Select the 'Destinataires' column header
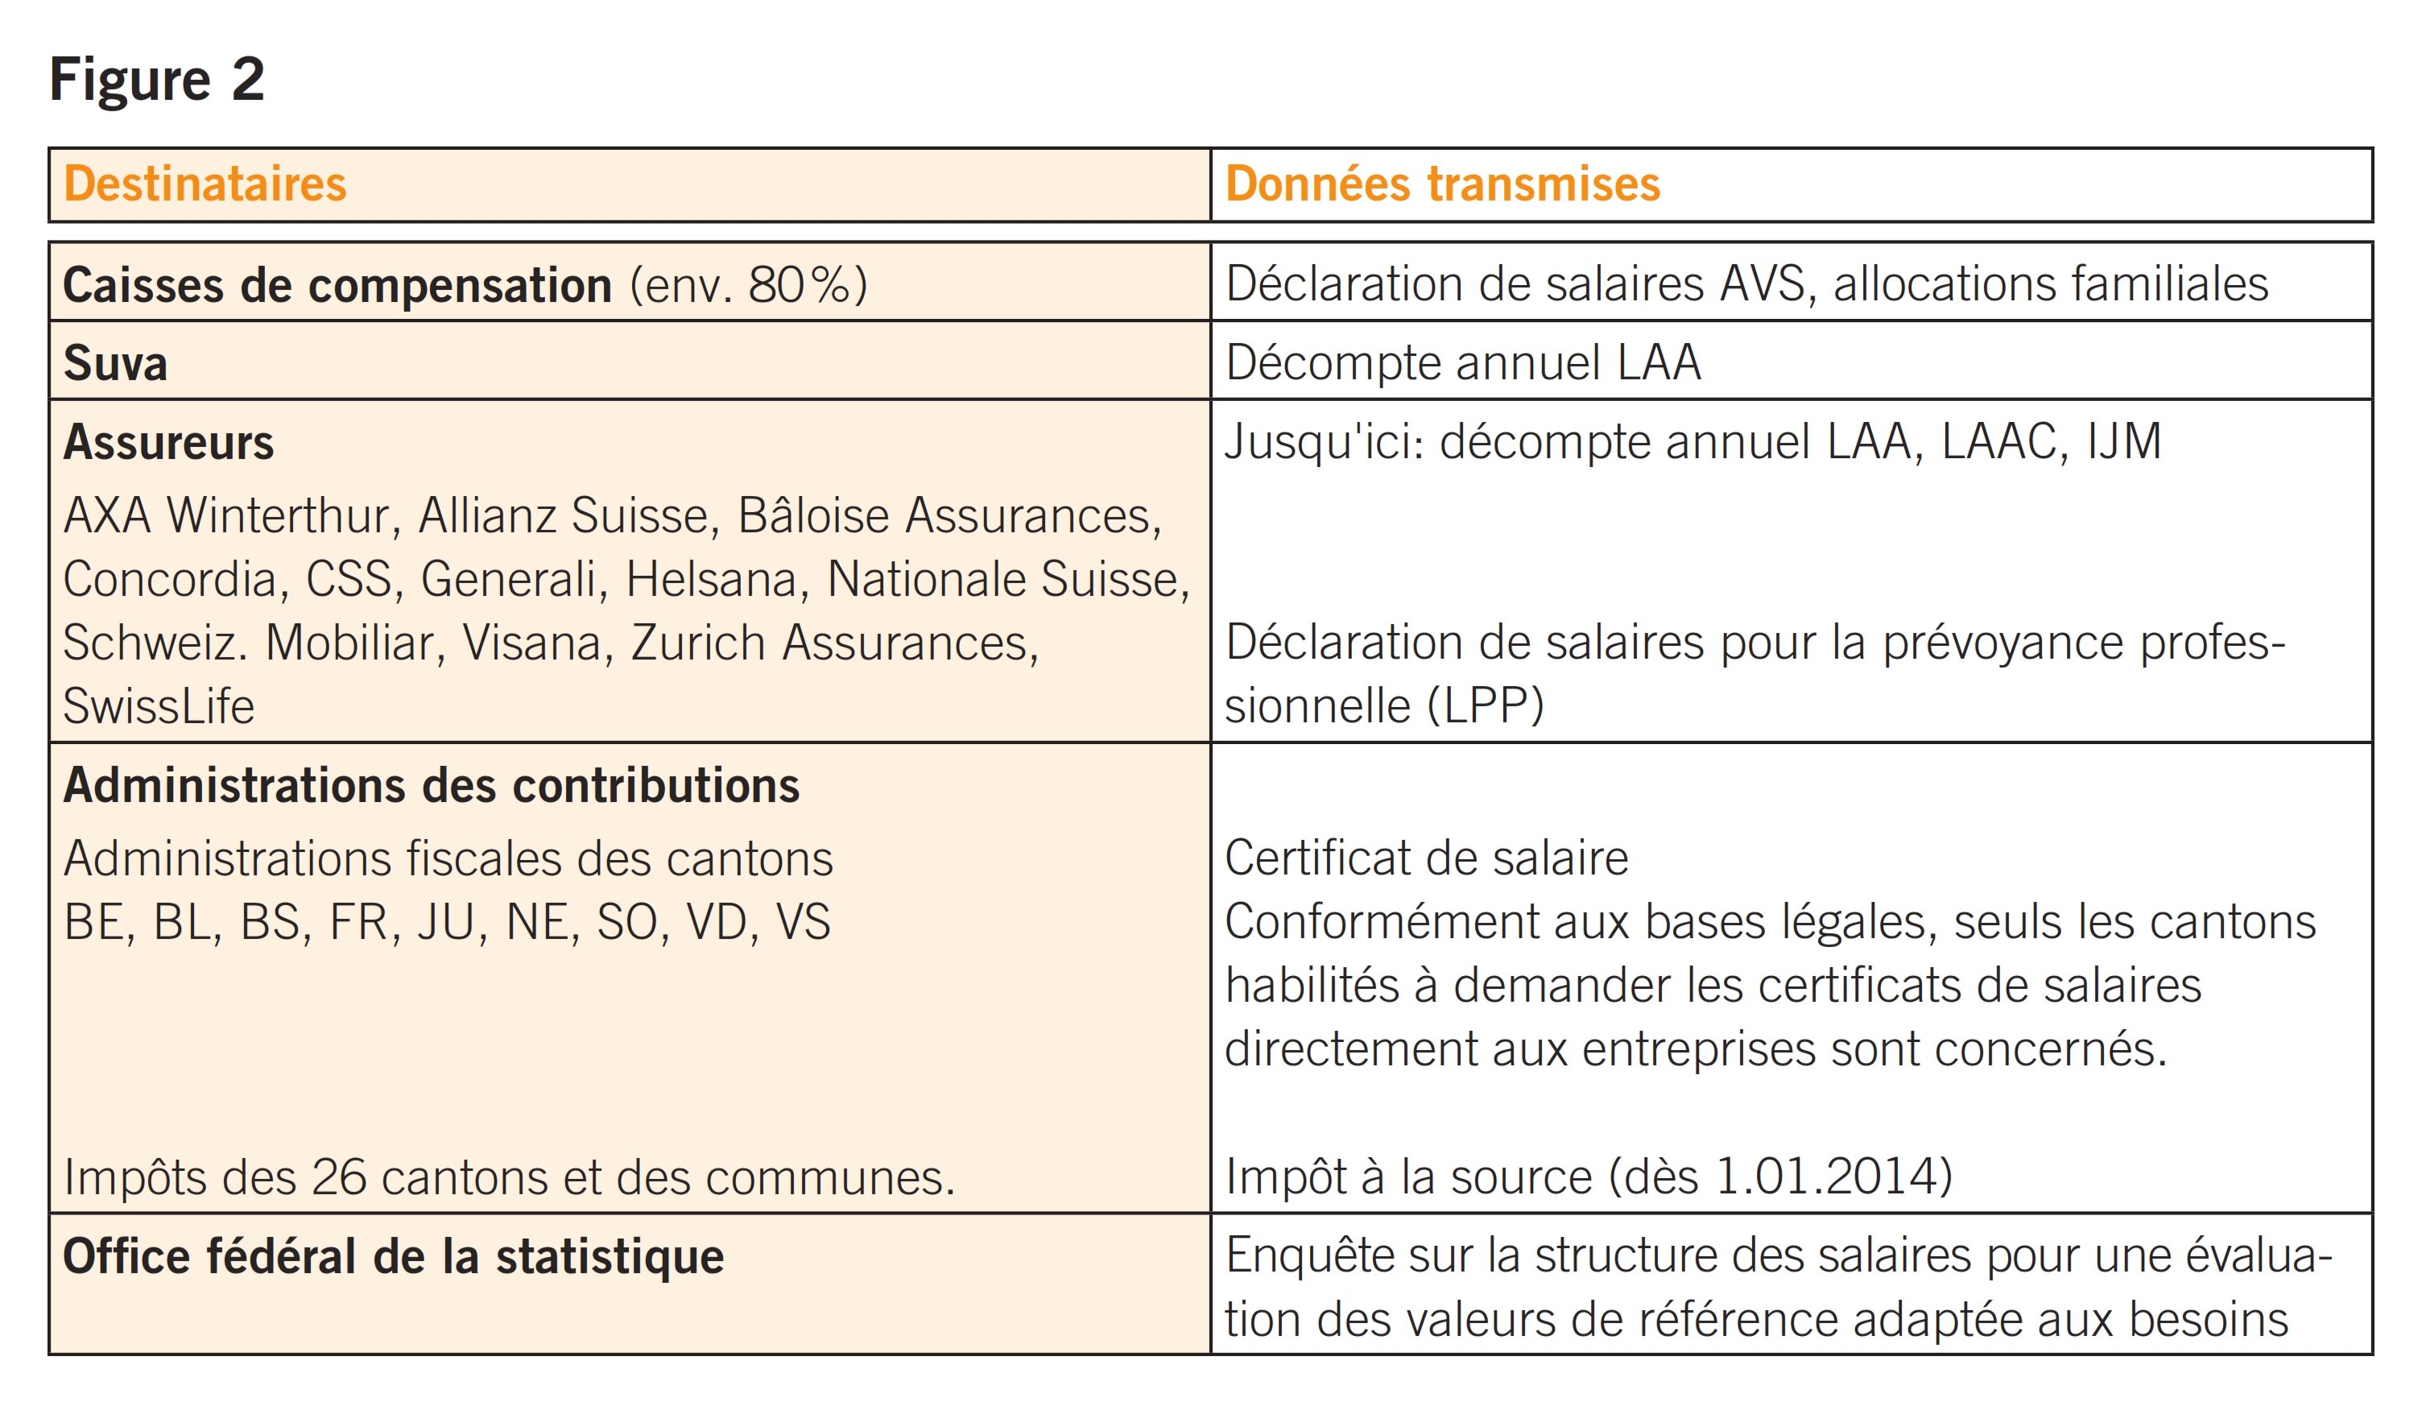coord(204,184)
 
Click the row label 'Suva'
coord(115,363)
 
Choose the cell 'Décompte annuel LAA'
coord(1462,363)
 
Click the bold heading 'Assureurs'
coord(168,442)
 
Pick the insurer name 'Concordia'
coord(170,580)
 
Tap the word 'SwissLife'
coord(159,706)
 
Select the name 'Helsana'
coord(711,580)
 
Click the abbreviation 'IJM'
coord(2124,442)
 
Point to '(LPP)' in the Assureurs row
coord(1485,706)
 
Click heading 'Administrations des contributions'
coord(431,785)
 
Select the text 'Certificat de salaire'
coord(1426,858)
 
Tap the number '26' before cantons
coord(338,1177)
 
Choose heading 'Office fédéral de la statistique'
coord(393,1257)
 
